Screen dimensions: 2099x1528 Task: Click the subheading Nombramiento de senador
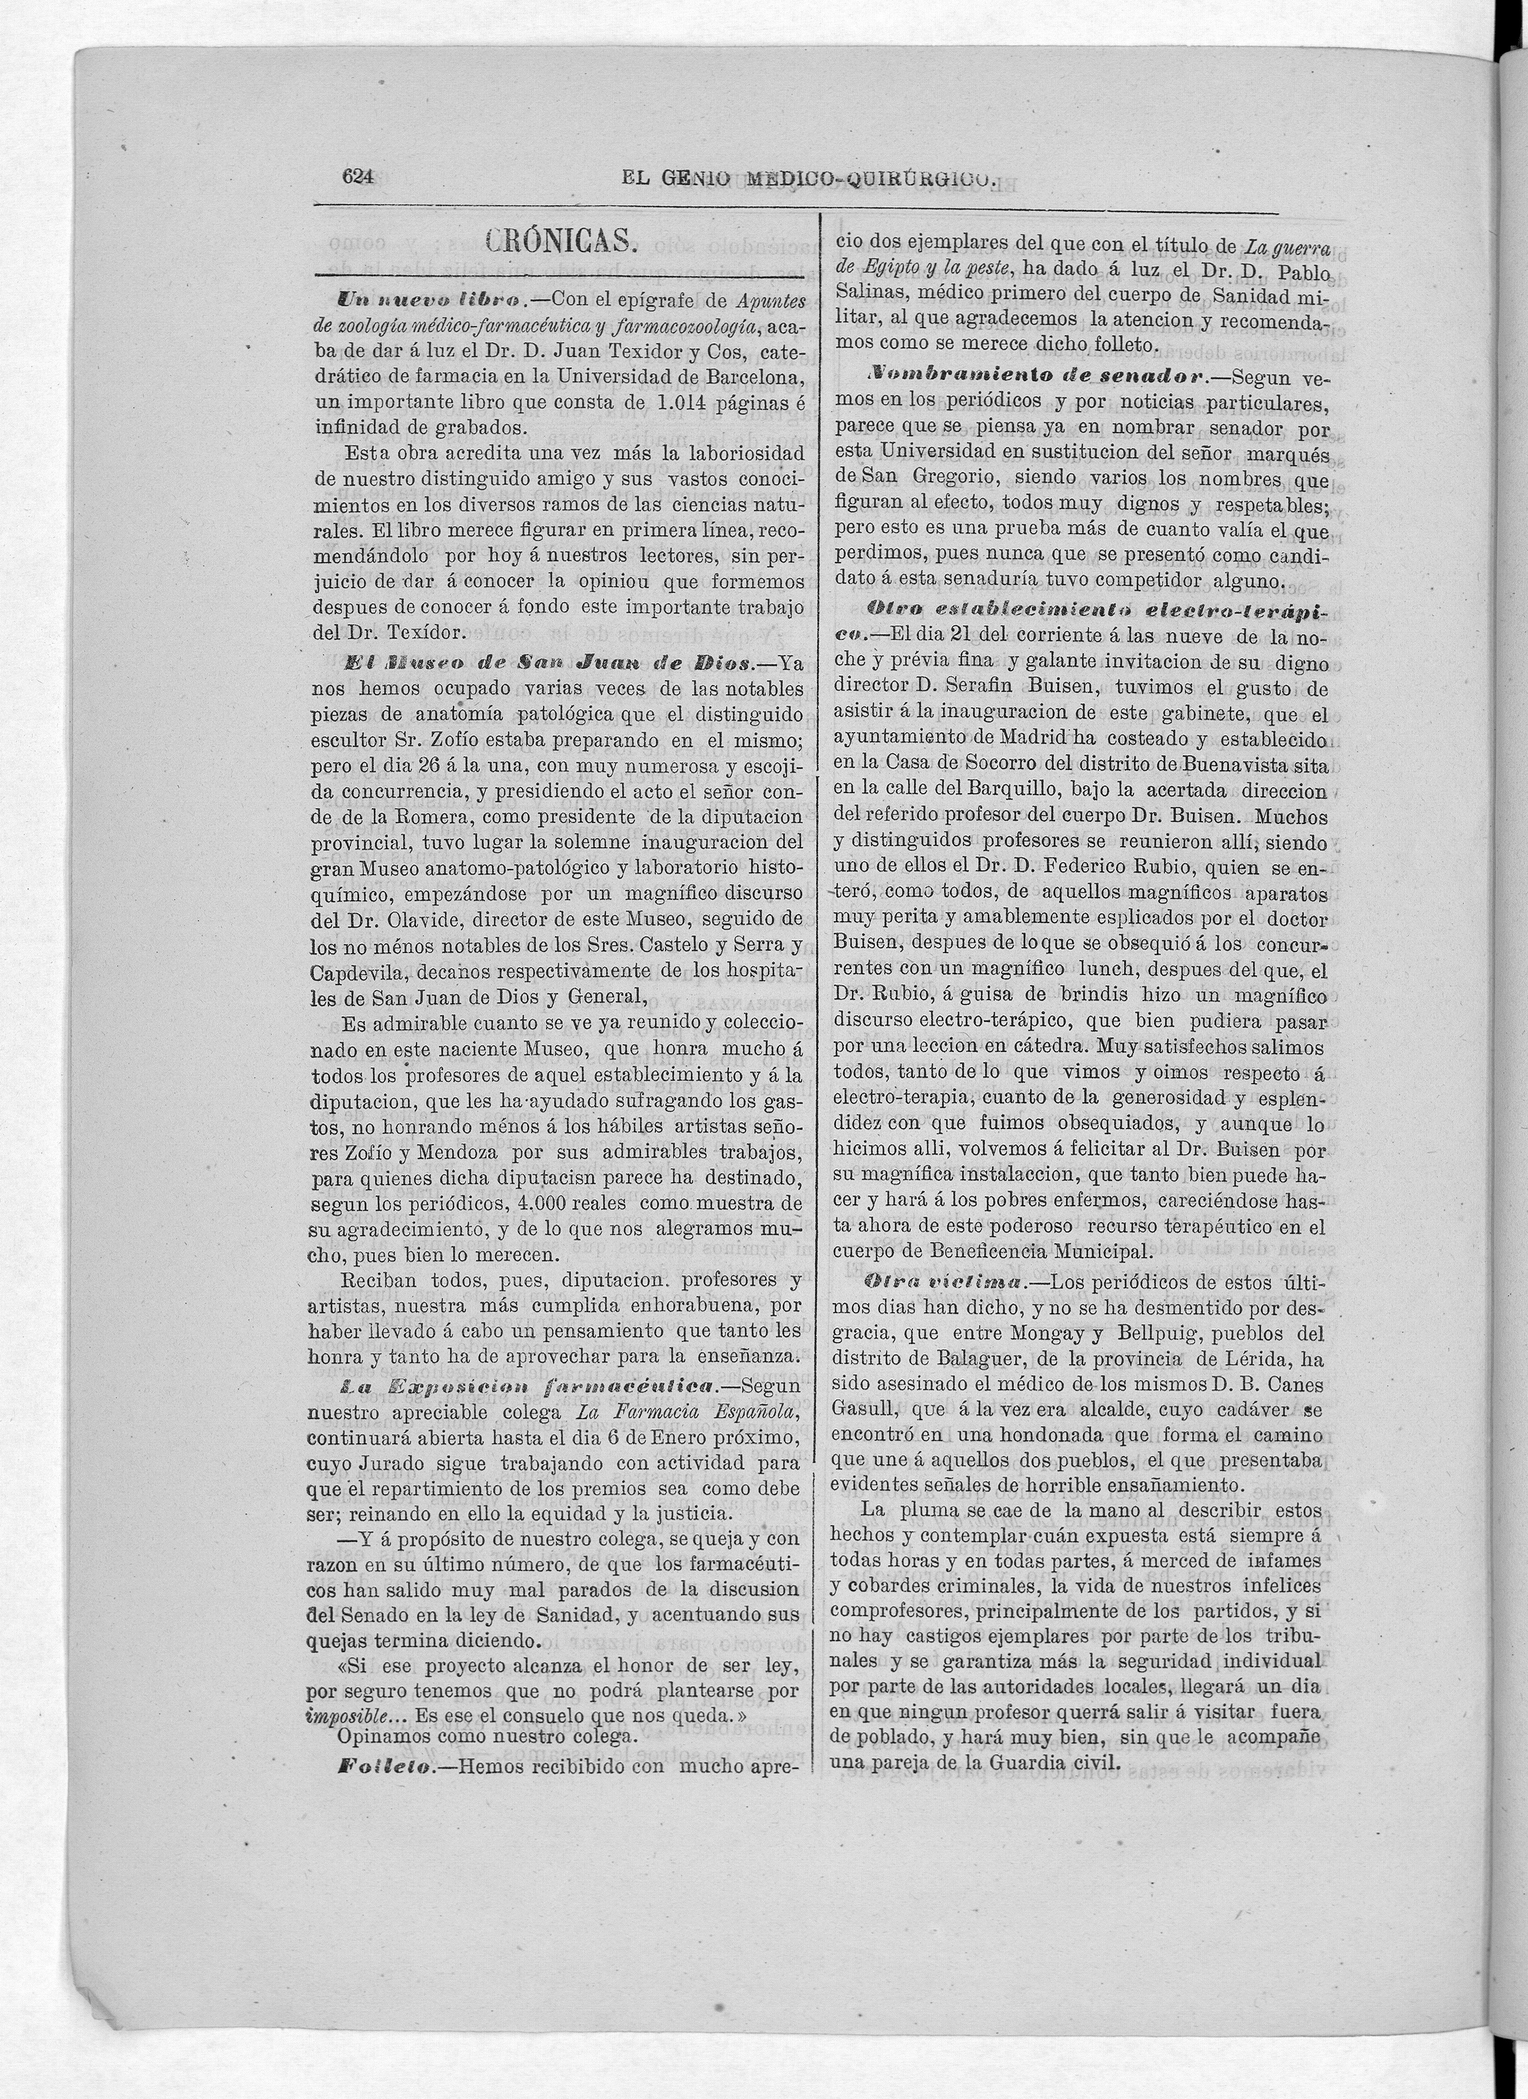1036,377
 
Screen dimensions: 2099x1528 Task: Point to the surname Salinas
870,294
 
